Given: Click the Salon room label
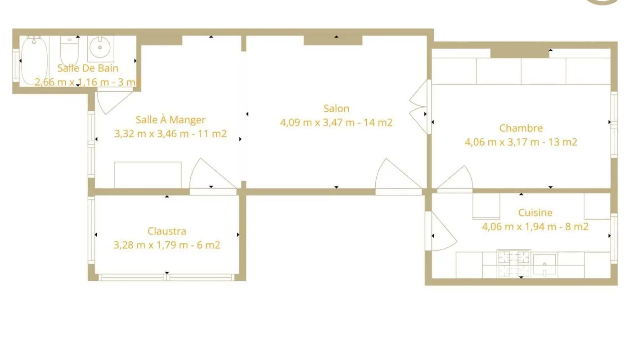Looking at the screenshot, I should click(336, 108).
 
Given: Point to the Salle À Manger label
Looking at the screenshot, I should click(171, 120).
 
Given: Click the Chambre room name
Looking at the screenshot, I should click(521, 128).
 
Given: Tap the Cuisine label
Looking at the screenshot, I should click(535, 212).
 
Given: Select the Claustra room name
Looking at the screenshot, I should click(166, 231).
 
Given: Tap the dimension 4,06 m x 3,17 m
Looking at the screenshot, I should click(504, 142).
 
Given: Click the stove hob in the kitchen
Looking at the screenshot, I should click(513, 264).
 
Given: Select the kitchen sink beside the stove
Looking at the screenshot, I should click(544, 264).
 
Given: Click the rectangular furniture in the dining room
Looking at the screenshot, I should click(148, 175).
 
